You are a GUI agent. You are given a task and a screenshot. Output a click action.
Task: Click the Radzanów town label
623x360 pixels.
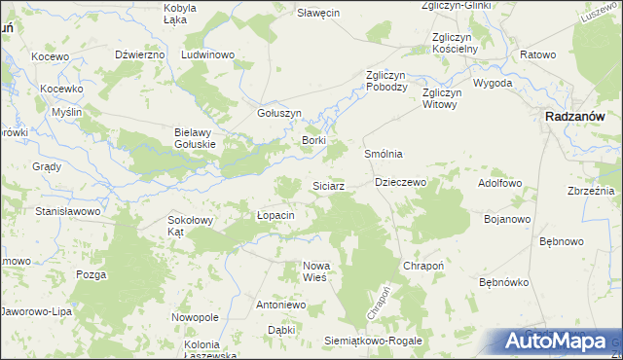pos(578,116)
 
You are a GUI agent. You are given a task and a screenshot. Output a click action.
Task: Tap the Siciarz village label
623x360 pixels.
pos(327,185)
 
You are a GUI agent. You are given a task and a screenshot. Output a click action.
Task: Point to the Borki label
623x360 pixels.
pos(313,141)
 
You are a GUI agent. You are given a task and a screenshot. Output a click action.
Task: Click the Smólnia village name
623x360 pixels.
pos(384,154)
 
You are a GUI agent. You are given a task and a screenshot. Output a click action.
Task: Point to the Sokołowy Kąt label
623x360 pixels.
pos(189,226)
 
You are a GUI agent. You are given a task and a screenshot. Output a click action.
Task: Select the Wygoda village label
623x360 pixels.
pos(493,84)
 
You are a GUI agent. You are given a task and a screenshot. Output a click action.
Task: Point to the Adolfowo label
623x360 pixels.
pos(500,183)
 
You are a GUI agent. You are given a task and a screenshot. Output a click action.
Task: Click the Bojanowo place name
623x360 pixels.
pos(507,219)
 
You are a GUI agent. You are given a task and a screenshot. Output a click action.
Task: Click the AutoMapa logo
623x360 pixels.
pos(559,341)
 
